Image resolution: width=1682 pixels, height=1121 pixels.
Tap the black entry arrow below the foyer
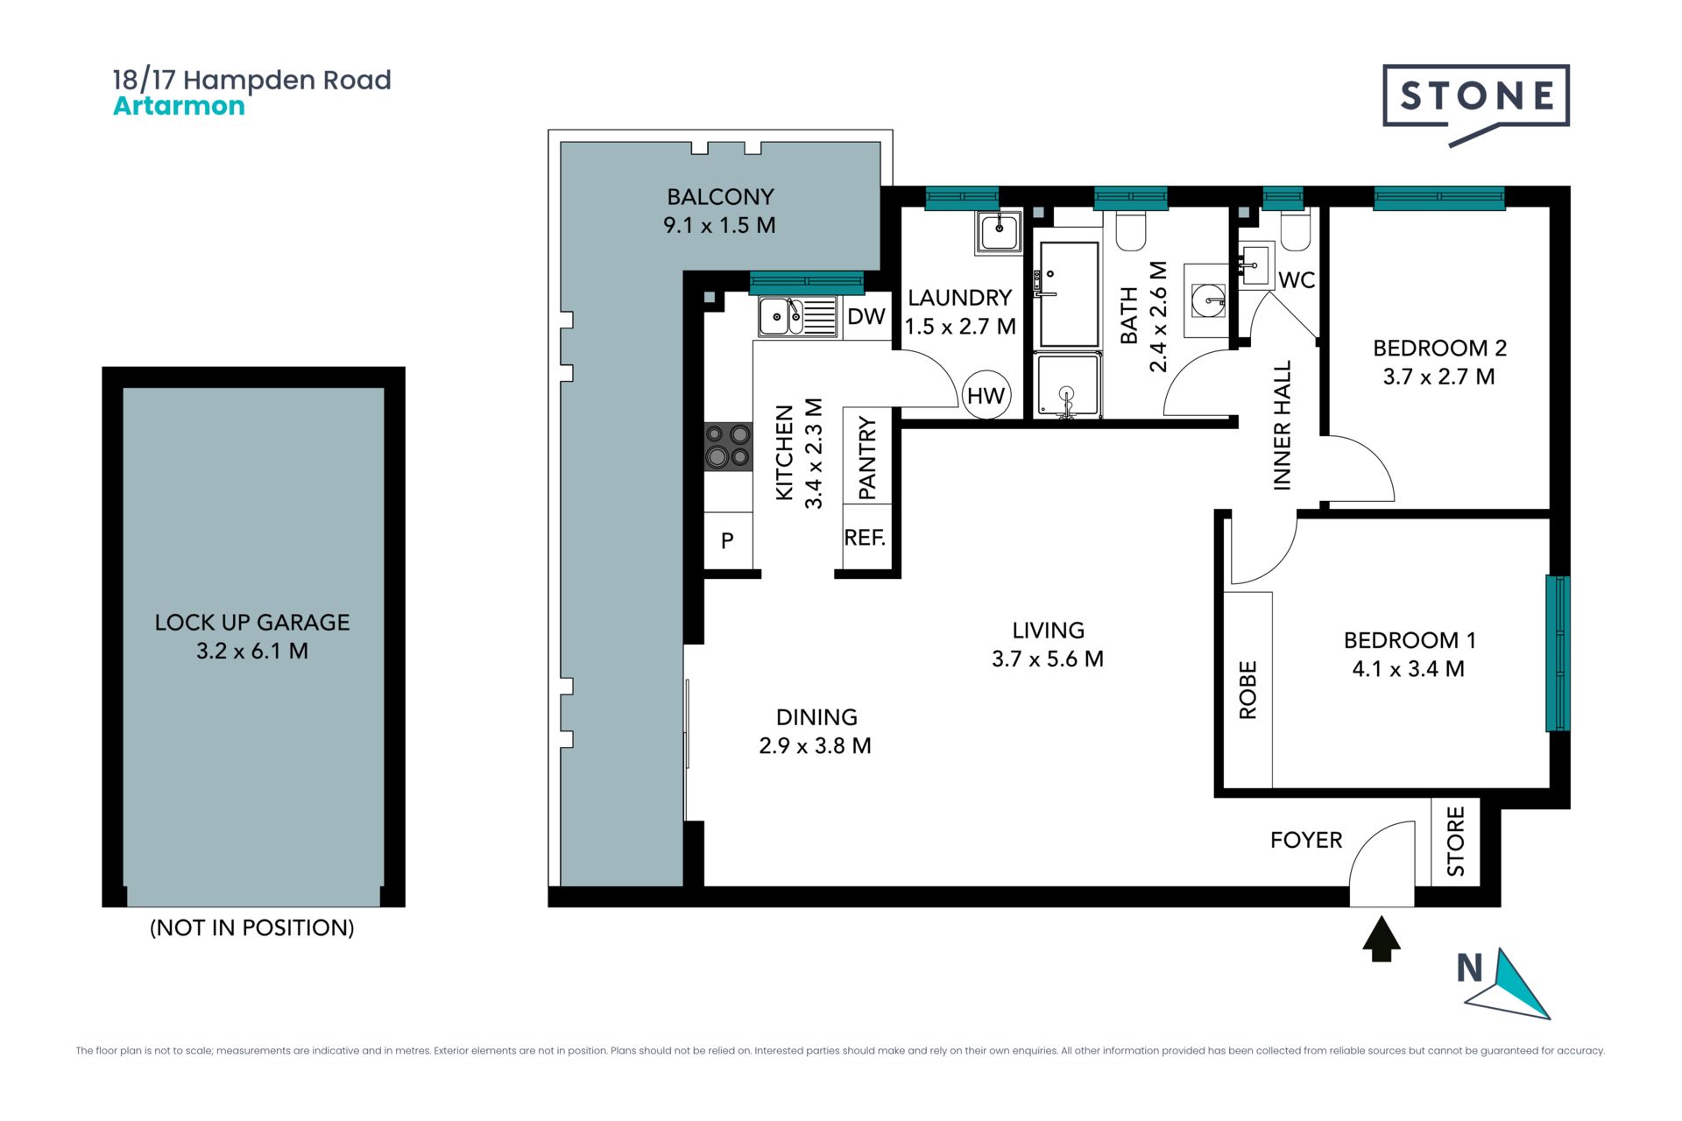click(1382, 939)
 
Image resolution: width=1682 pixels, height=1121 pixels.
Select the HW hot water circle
click(986, 395)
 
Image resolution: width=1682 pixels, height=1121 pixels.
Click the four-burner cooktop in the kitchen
click(728, 446)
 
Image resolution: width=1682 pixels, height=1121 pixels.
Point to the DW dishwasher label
click(866, 316)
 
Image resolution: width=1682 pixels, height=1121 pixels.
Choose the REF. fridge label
click(865, 538)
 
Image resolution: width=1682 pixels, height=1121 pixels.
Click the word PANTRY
click(867, 458)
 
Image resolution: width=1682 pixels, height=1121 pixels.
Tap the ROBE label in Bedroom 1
click(1247, 690)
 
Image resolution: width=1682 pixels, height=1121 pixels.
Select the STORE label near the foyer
click(1455, 842)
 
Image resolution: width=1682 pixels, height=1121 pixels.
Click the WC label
click(1297, 280)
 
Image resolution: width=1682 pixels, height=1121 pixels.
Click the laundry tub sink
click(999, 232)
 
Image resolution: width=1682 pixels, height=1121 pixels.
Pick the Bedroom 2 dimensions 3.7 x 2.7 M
click(1438, 377)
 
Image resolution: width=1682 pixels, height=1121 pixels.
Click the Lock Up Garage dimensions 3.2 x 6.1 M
click(252, 651)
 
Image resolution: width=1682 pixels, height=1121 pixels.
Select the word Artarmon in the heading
click(179, 106)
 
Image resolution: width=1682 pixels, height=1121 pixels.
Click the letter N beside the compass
click(1469, 968)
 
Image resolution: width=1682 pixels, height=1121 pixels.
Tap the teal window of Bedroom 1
click(1558, 653)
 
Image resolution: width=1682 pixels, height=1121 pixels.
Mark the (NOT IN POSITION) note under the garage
click(252, 927)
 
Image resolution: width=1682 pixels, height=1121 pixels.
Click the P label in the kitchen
click(727, 540)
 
